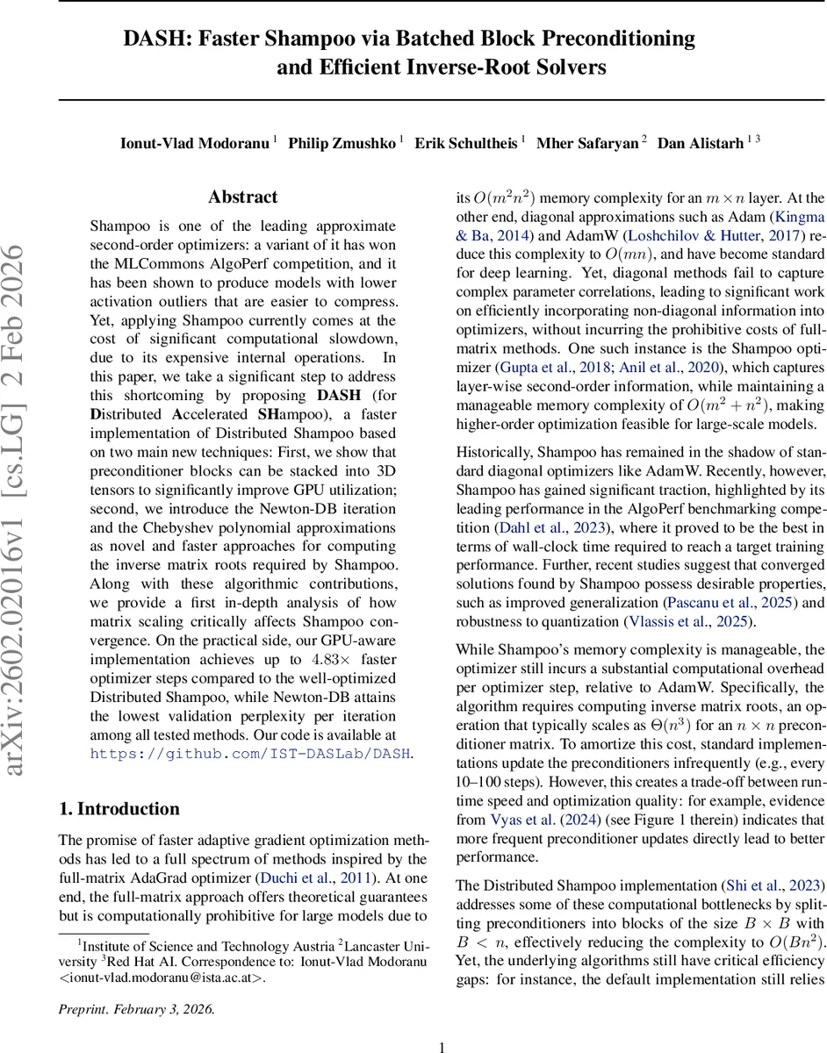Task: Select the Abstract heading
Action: pyautogui.click(x=242, y=197)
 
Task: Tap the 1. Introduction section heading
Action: pyautogui.click(x=119, y=809)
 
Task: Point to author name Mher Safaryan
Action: pyautogui.click(x=587, y=142)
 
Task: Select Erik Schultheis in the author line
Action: pyautogui.click(x=466, y=142)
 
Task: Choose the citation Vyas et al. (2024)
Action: pyautogui.click(x=522, y=820)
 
